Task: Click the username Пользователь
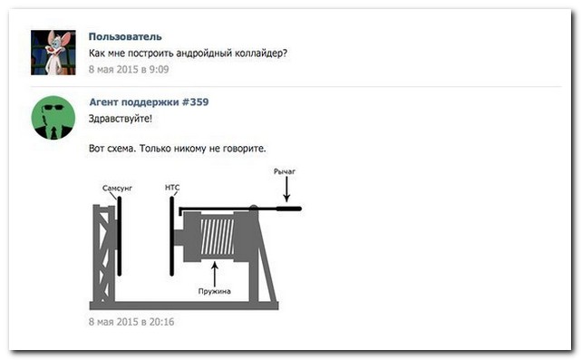pos(125,36)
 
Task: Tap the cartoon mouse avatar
pos(53,53)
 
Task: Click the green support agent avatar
pos(53,118)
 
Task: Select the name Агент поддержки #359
pos(149,102)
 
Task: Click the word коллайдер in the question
pos(257,54)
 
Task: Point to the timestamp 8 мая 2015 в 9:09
pos(129,69)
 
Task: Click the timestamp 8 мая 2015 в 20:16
pos(131,321)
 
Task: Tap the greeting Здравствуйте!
pos(121,119)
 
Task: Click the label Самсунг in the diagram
pos(117,189)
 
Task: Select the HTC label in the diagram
pos(172,188)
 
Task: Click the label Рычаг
pos(285,171)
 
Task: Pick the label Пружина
pos(215,291)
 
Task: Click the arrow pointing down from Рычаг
pos(286,190)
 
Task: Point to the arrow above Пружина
pos(215,275)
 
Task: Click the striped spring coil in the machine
pos(218,237)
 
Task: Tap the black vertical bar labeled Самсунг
pos(120,236)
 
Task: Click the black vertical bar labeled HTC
pos(172,236)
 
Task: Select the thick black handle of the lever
pos(289,209)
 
